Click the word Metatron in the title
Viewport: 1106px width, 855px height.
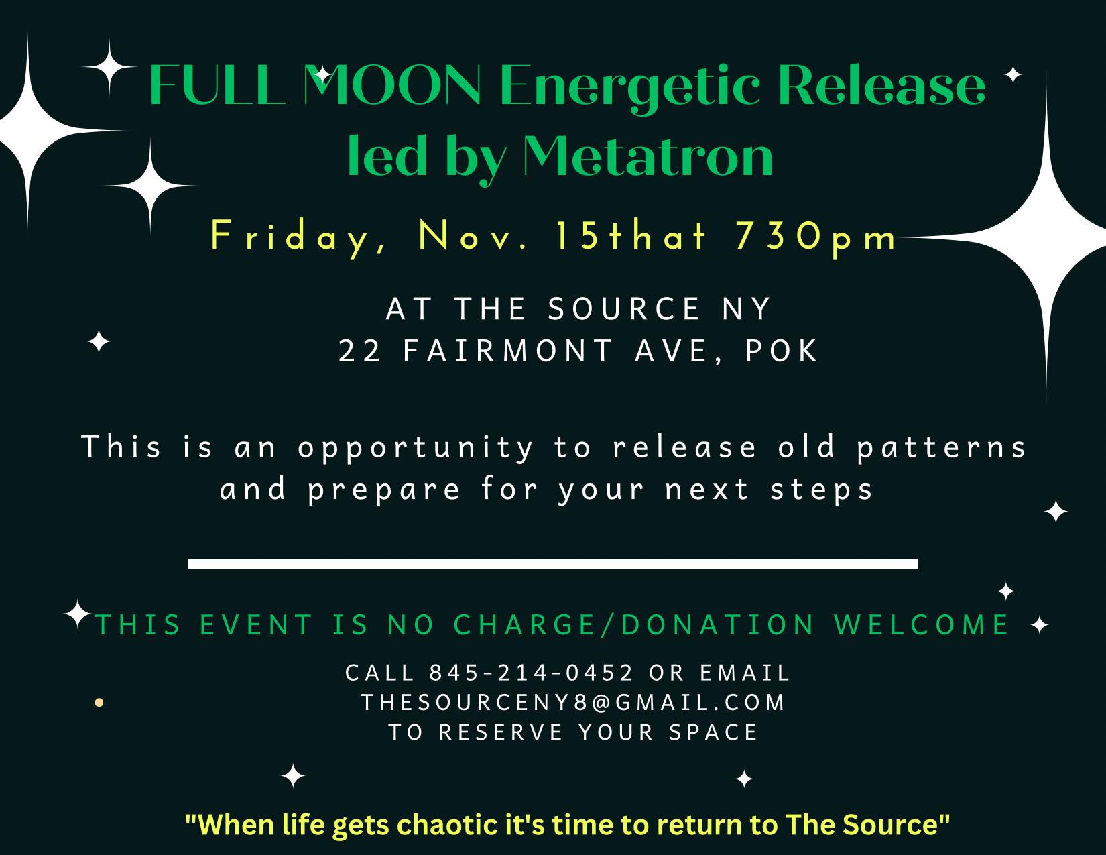(648, 156)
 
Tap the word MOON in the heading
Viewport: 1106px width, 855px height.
(392, 84)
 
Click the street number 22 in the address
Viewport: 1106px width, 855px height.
(360, 351)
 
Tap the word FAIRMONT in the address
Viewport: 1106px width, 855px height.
(508, 351)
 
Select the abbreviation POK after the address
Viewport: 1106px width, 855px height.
(782, 351)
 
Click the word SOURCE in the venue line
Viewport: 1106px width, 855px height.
(624, 308)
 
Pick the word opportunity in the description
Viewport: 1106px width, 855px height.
(416, 448)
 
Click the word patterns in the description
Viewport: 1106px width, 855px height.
(941, 447)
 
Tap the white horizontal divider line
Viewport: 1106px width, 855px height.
(553, 564)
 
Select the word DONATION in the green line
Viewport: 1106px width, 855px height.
(718, 625)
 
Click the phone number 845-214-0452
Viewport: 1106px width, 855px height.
(532, 673)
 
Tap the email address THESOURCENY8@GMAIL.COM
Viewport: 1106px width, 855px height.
(573, 703)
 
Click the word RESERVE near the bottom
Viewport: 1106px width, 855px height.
(501, 733)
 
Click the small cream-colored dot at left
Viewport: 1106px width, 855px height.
(99, 703)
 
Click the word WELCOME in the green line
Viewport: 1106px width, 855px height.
(921, 625)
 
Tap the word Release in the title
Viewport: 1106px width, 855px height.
(881, 84)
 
